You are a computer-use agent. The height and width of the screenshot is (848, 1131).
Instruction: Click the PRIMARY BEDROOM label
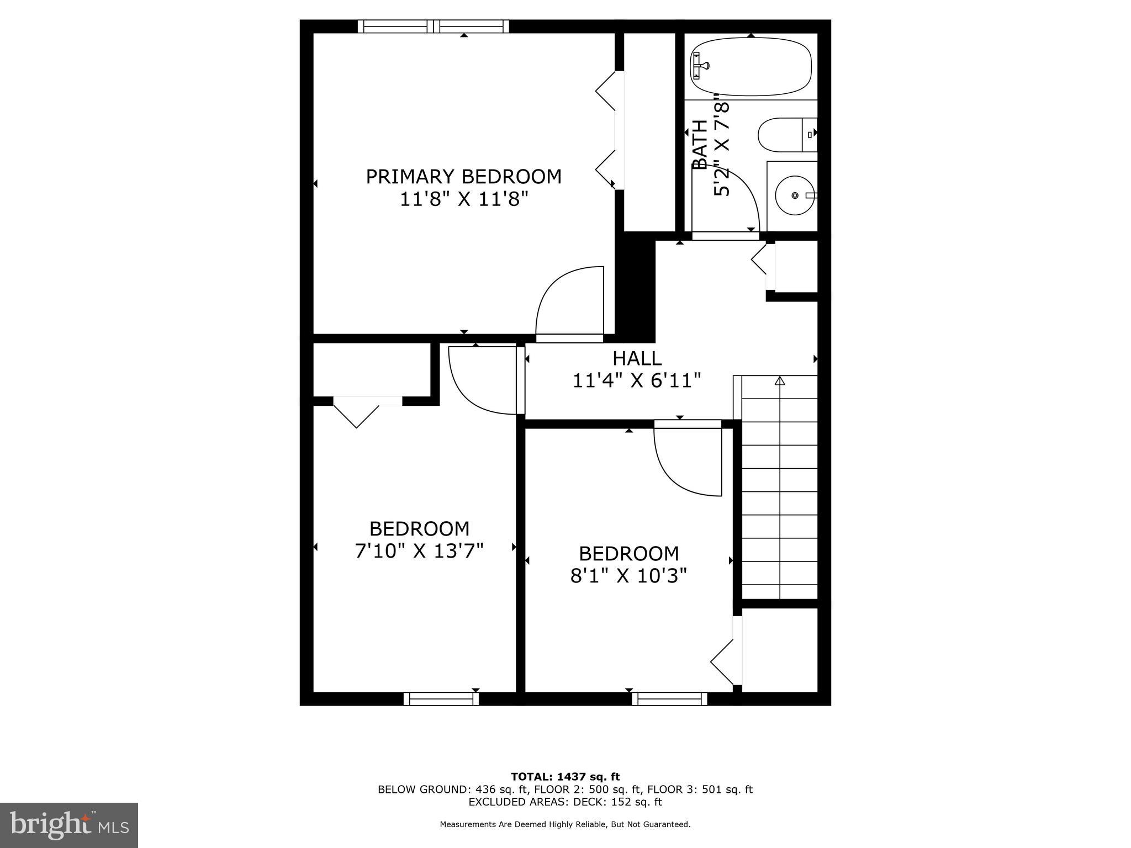click(x=463, y=177)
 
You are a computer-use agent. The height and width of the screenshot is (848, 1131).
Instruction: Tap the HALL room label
click(x=637, y=358)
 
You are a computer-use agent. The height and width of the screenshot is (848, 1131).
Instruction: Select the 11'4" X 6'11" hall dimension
click(x=637, y=381)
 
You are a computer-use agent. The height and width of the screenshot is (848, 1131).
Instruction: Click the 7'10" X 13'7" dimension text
click(x=419, y=550)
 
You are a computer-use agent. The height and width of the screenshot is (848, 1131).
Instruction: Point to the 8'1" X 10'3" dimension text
click(x=628, y=576)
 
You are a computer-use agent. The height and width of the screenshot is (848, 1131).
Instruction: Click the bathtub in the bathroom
click(x=751, y=67)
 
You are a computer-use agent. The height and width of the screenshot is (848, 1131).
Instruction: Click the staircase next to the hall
click(x=779, y=491)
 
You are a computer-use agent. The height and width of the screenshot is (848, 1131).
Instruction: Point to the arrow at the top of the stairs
click(x=779, y=380)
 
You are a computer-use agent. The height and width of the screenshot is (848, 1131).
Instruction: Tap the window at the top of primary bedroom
click(x=434, y=26)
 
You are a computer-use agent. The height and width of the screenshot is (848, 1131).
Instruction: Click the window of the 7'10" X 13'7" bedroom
click(x=441, y=698)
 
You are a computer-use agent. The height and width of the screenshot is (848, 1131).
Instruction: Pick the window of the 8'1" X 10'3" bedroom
click(x=669, y=698)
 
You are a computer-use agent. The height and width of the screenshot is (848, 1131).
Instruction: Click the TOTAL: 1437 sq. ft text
click(x=565, y=777)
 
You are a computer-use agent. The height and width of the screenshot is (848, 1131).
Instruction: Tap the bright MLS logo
click(x=69, y=825)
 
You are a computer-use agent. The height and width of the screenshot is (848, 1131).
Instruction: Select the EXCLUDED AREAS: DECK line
click(x=565, y=802)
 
